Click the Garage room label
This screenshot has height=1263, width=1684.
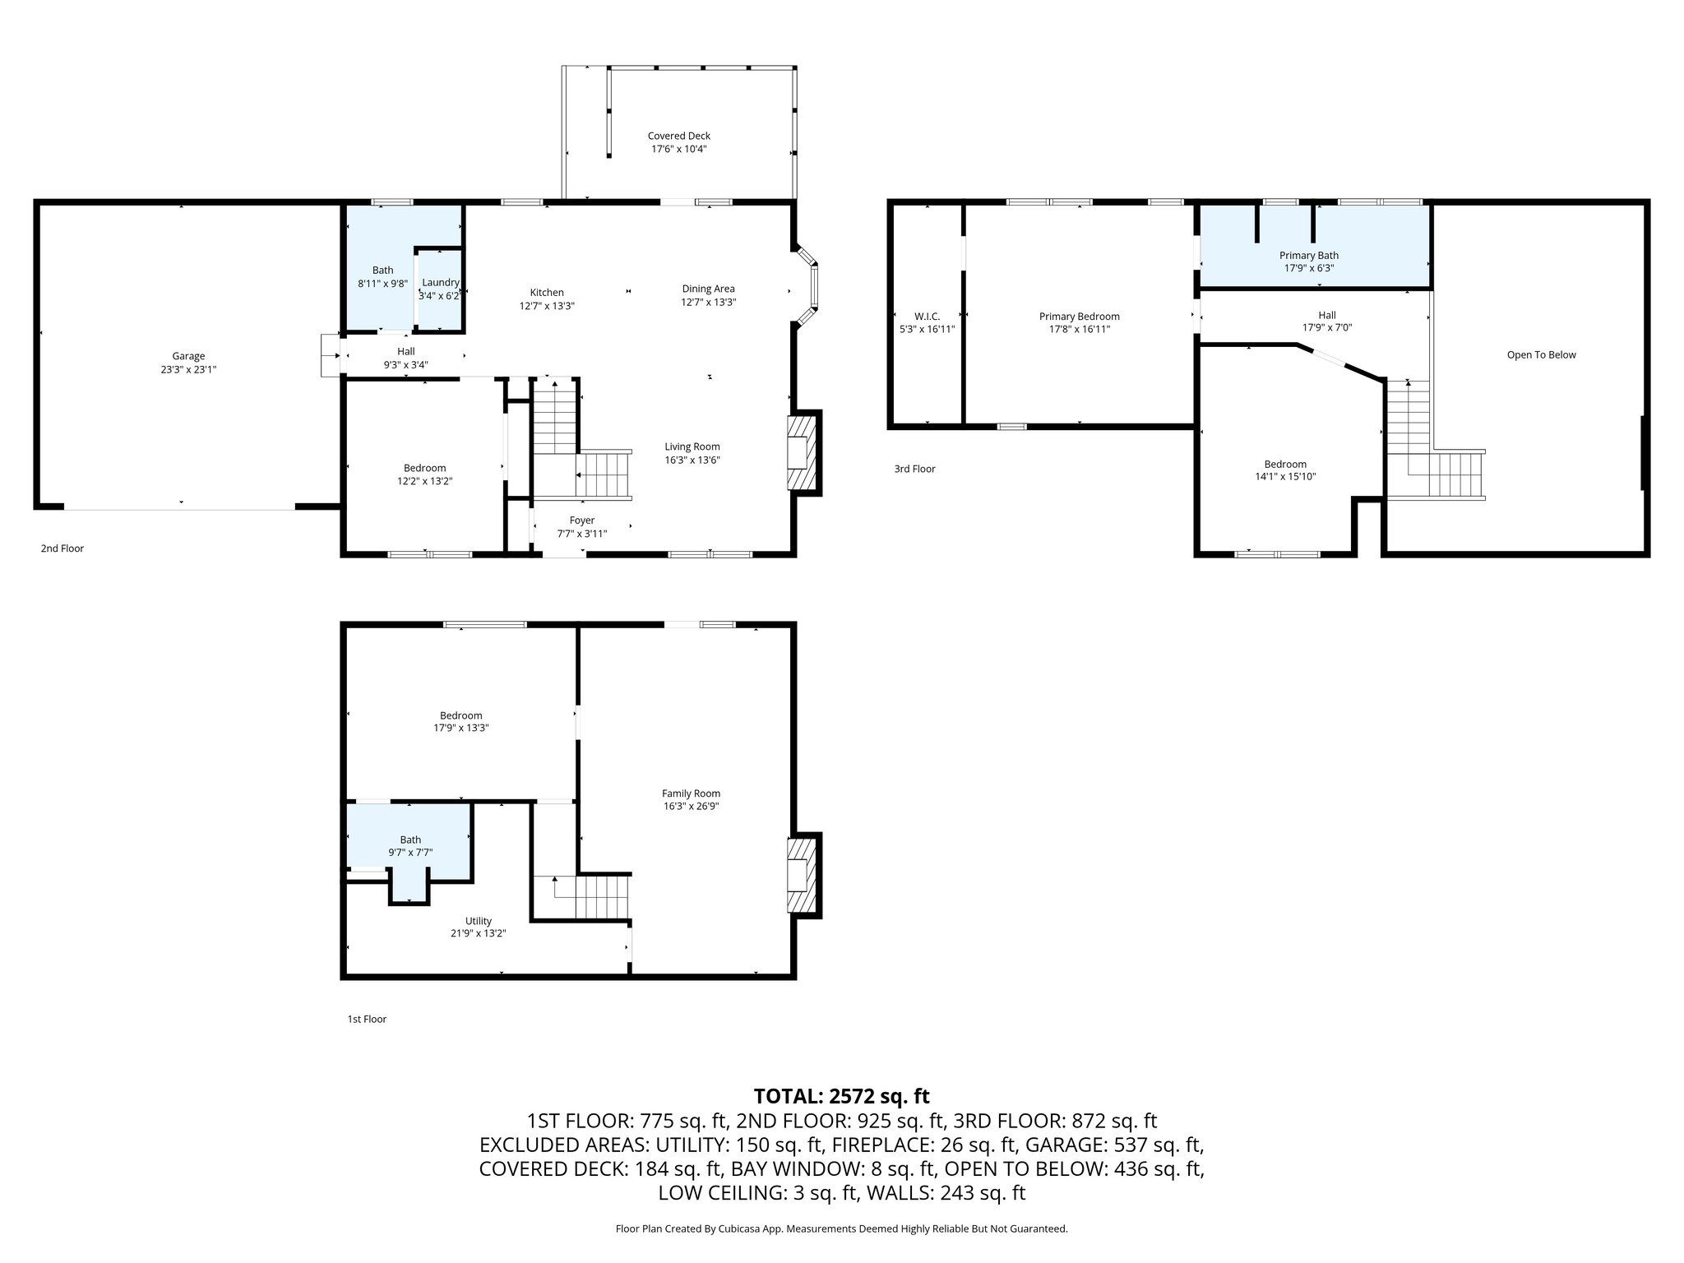click(188, 356)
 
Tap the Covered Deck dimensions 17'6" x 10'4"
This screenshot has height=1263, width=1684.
click(679, 150)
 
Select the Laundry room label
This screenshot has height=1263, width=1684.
click(441, 283)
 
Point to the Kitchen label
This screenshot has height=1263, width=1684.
click(547, 293)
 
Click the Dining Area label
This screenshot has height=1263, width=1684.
click(708, 289)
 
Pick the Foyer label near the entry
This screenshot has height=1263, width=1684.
click(582, 520)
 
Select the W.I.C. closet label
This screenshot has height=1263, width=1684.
click(927, 317)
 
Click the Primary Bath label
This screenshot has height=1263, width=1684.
click(1309, 256)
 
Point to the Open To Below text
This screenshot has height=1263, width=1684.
click(1541, 355)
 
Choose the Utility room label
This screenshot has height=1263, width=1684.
click(479, 921)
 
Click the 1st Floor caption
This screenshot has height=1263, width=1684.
click(367, 1019)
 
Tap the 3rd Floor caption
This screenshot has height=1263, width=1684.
click(914, 469)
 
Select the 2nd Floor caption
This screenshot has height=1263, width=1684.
click(62, 548)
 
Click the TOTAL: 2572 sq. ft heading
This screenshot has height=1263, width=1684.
click(841, 1096)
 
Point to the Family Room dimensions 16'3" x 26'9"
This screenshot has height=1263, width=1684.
click(692, 807)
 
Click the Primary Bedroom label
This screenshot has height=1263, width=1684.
click(1079, 317)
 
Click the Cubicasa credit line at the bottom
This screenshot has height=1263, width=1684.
click(841, 1228)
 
